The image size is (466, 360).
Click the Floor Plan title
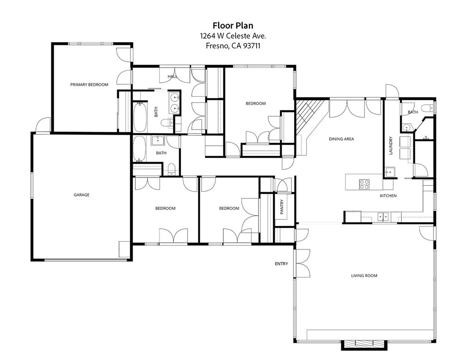pyautogui.click(x=233, y=25)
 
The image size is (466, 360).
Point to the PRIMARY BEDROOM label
pyautogui.click(x=89, y=85)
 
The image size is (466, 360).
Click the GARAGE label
pyautogui.click(x=81, y=195)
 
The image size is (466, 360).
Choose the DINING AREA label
pyautogui.click(x=341, y=139)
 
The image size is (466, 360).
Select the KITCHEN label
pyautogui.click(x=388, y=196)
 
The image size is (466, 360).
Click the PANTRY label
pyautogui.click(x=282, y=206)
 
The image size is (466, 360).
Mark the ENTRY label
pyautogui.click(x=281, y=264)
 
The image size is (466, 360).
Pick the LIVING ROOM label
pyautogui.click(x=364, y=276)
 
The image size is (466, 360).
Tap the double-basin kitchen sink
pyautogui.click(x=382, y=216)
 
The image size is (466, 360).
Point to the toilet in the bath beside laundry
pyautogui.click(x=430, y=109)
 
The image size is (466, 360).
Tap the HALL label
pyautogui.click(x=172, y=76)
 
